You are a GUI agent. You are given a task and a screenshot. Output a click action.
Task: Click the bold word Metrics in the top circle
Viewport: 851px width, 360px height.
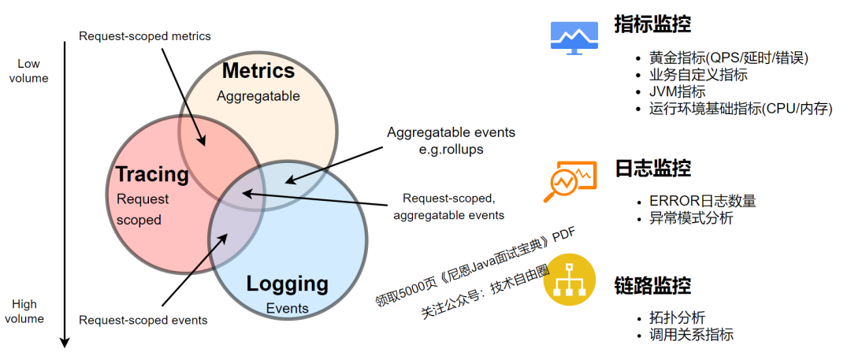click(x=258, y=71)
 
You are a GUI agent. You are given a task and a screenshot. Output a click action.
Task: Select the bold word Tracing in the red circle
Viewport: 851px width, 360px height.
click(x=152, y=174)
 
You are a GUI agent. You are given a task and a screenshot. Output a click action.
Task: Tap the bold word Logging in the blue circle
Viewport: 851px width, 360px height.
click(x=287, y=284)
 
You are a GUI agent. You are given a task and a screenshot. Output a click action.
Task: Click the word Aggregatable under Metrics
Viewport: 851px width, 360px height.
click(x=258, y=96)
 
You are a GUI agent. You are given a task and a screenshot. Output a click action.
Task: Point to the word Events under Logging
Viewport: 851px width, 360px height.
click(x=287, y=308)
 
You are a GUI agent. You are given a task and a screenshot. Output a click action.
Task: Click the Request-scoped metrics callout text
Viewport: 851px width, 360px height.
click(x=145, y=35)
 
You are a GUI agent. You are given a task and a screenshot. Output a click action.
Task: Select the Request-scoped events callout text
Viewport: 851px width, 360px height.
click(x=143, y=320)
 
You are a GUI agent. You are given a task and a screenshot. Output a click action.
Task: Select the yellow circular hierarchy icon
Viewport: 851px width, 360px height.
click(x=568, y=278)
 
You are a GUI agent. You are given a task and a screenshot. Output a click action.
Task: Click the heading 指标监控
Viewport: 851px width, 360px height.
click(x=652, y=24)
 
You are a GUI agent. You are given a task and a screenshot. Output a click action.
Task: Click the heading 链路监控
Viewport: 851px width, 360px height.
click(x=652, y=284)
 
